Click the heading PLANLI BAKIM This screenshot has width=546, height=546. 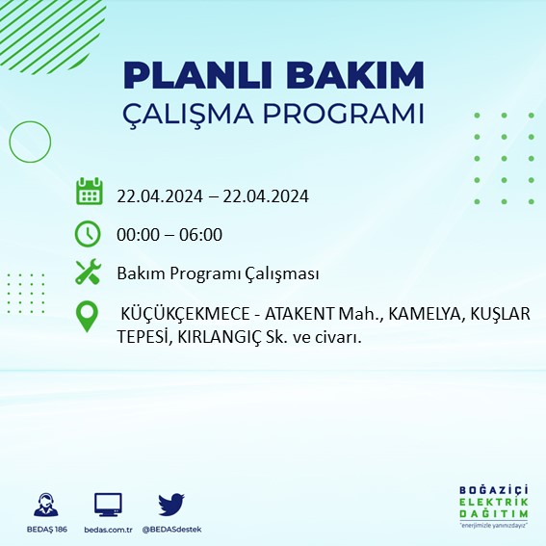273,74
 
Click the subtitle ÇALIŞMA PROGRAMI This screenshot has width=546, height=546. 273,113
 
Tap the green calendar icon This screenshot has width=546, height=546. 89,192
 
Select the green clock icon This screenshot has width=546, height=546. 88,233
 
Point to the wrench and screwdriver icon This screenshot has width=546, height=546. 89,273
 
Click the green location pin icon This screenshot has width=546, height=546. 88,316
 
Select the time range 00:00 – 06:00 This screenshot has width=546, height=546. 169,234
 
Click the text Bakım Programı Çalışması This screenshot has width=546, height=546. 218,273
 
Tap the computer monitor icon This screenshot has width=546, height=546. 108,505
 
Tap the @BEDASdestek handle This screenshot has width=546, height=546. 171,529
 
